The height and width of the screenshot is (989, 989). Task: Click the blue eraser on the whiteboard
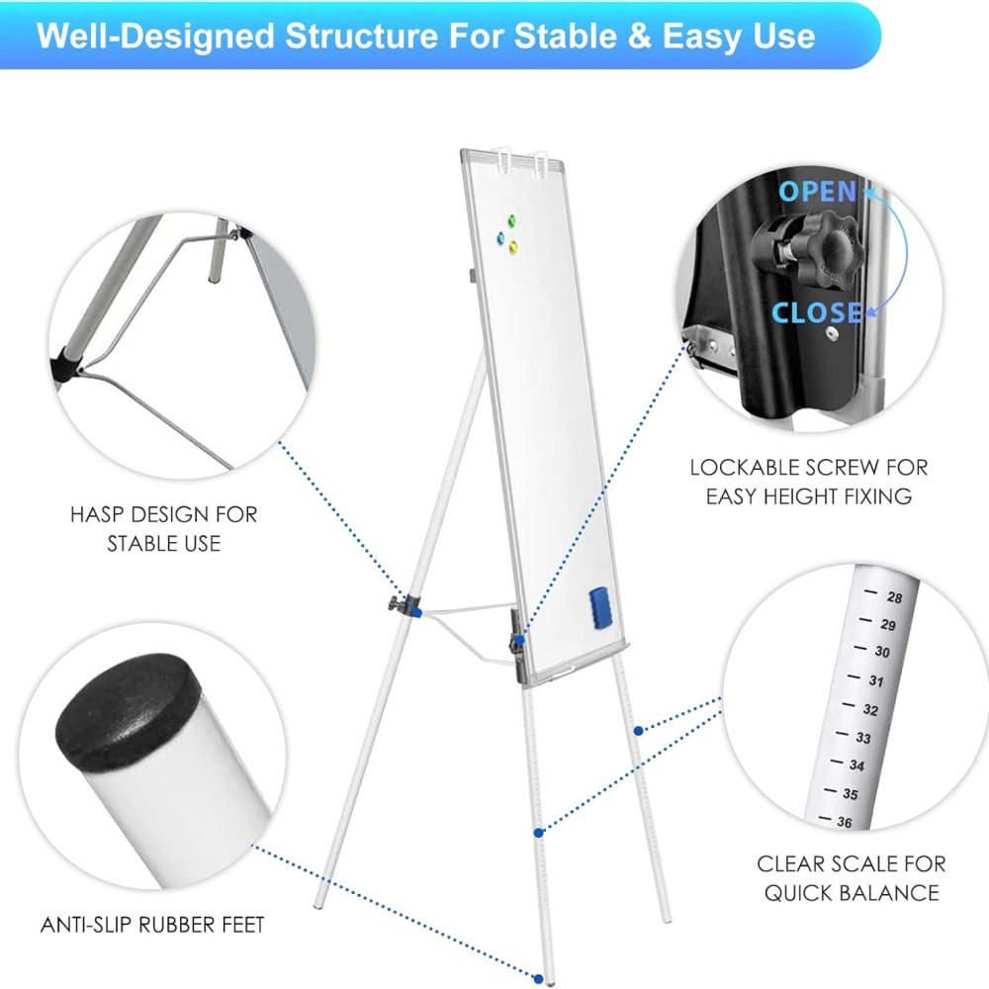click(600, 607)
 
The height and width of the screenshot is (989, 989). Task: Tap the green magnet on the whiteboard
click(511, 221)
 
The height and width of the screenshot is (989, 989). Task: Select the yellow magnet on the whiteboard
click(513, 246)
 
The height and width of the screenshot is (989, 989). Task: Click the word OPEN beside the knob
click(818, 192)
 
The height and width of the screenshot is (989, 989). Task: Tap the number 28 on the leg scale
click(894, 597)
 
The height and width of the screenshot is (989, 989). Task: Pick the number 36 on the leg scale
click(845, 822)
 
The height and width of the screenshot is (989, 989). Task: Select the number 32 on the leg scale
click(870, 709)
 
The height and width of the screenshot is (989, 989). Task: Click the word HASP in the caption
click(97, 514)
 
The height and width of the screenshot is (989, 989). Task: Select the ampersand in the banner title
click(639, 36)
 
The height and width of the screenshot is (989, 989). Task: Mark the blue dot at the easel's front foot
click(538, 979)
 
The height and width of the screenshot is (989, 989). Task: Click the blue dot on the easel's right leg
click(638, 731)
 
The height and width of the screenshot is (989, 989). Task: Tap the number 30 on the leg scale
click(882, 652)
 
